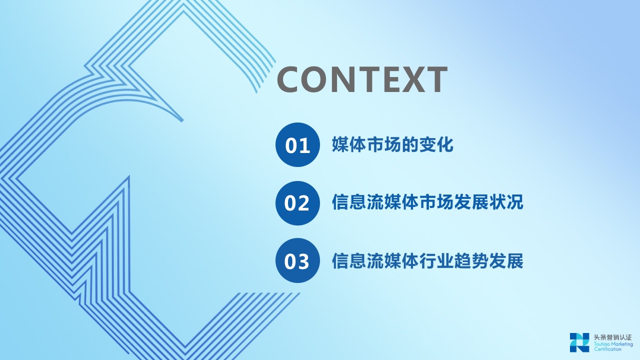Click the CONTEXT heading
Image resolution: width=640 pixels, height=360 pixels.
(362, 79)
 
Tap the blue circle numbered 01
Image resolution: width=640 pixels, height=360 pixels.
(297, 145)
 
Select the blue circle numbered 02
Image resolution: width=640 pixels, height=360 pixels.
(297, 203)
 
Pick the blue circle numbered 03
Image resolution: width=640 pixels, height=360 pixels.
(297, 260)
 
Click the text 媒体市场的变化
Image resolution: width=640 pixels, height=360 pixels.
(392, 144)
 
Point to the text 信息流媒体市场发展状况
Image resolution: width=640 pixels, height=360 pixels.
(427, 202)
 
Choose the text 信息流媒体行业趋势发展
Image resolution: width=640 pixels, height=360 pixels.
(427, 260)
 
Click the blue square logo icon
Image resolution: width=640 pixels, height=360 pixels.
(579, 342)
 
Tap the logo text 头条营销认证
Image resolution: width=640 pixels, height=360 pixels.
(612, 337)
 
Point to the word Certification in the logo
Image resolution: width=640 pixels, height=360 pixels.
(607, 349)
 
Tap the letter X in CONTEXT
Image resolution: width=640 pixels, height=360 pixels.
(408, 79)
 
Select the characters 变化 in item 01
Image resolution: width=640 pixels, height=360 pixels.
(436, 144)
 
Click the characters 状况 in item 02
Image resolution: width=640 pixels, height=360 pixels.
(506, 202)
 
